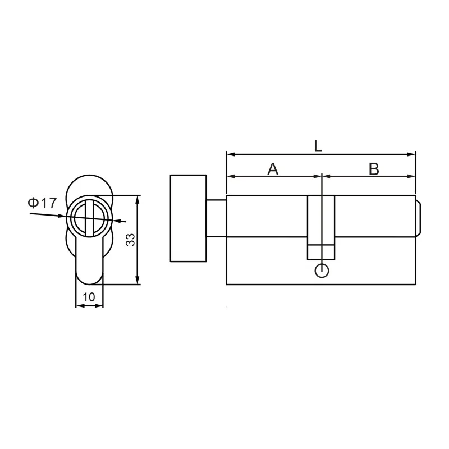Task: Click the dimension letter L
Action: coord(318,146)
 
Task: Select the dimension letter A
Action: coord(273,168)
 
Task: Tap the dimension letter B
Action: coord(374,168)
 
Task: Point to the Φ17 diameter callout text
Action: coord(43,203)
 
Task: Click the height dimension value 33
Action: coord(130,240)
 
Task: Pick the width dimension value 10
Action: coord(89,296)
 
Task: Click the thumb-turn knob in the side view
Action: coord(188,218)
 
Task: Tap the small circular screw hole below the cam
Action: coord(321,271)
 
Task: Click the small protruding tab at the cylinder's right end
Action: coord(418,218)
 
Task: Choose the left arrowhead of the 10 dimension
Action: coord(79,306)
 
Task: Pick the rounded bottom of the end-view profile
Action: coord(89,279)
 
